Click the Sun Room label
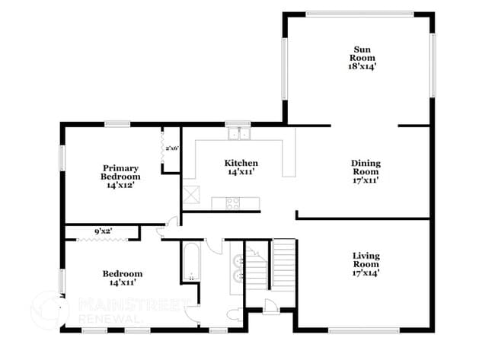(x=359, y=58)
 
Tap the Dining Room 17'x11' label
(x=366, y=171)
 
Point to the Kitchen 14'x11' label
(x=240, y=167)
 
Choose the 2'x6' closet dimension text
(x=171, y=148)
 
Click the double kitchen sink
(x=238, y=135)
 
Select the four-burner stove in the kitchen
(x=232, y=202)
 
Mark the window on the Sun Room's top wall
(x=359, y=13)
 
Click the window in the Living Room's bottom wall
(x=363, y=330)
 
